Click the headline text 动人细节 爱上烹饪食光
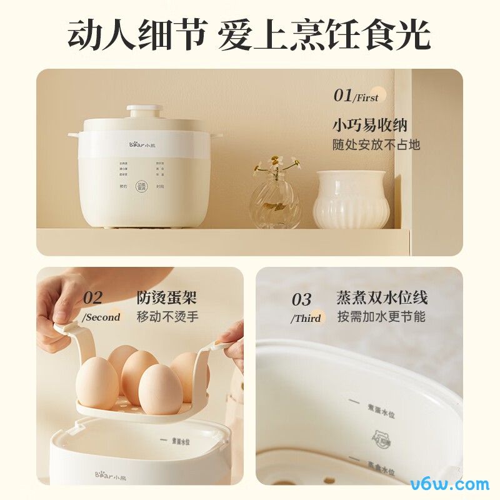(x=249, y=34)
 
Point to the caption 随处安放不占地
(x=376, y=145)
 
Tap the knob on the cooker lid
(x=144, y=112)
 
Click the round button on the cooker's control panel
(x=142, y=186)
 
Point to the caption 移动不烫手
(x=167, y=316)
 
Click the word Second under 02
(x=103, y=317)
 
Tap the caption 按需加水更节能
(x=381, y=316)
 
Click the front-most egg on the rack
(x=160, y=389)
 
